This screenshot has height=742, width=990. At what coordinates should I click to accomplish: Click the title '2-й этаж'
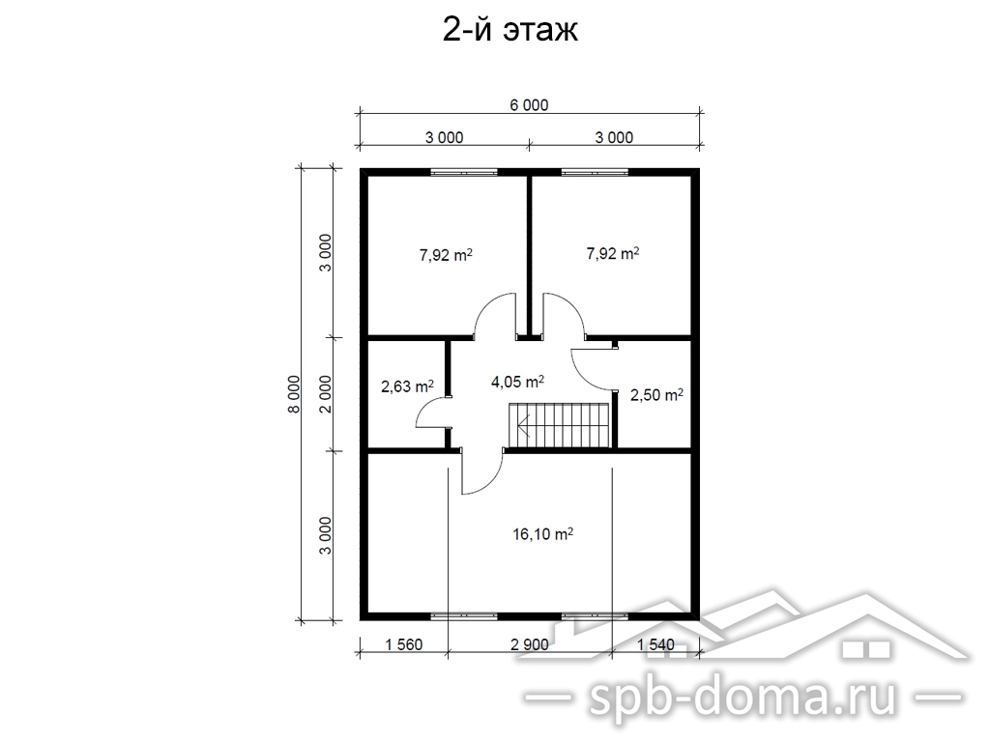click(510, 30)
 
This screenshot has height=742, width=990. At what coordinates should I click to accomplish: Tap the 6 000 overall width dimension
click(529, 104)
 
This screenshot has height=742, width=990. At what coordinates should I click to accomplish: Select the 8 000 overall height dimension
click(294, 394)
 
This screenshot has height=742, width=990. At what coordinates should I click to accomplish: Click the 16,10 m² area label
click(543, 533)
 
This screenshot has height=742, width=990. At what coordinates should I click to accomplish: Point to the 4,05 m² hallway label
click(518, 381)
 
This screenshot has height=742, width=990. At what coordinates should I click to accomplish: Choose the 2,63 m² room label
click(407, 385)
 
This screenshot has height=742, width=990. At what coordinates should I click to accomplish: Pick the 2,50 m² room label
click(656, 394)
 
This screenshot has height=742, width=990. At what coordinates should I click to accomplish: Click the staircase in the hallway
click(560, 426)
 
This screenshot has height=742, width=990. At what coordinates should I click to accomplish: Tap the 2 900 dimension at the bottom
click(529, 644)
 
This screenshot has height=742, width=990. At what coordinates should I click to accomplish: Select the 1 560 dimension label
click(403, 644)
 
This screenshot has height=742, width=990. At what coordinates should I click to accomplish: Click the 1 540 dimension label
click(655, 644)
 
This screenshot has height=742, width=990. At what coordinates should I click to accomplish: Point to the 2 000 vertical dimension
click(325, 394)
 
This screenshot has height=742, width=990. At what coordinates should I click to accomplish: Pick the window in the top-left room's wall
click(464, 172)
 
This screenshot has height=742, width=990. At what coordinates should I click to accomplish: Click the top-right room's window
click(595, 172)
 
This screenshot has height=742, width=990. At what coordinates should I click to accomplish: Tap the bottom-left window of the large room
click(464, 614)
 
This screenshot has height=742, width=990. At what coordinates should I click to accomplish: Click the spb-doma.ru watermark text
click(743, 697)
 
